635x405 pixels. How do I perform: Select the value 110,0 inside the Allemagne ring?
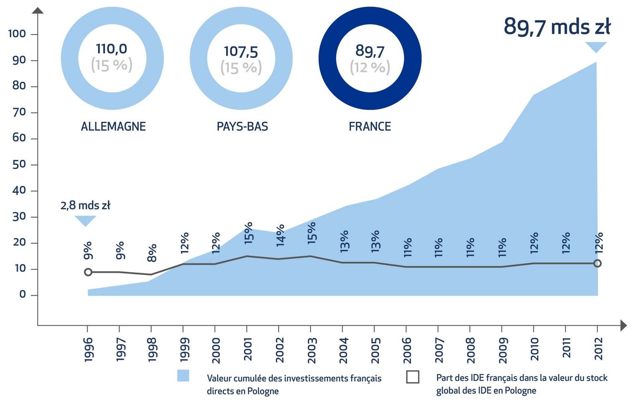pos(112,49)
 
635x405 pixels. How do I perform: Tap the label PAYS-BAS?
pos(242,126)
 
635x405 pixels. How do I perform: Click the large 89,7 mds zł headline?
pos(556,27)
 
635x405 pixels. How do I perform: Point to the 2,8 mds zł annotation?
pos(85,205)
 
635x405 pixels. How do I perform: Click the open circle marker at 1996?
pos(88,272)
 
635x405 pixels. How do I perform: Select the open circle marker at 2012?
pos(597,263)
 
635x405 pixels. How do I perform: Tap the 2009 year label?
pos(503,350)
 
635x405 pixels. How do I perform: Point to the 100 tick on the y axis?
pos(17,34)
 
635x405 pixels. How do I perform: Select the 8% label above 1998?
pos(152,253)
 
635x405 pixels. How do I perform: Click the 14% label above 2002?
pos(280,235)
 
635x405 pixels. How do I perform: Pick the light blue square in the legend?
pos(183,376)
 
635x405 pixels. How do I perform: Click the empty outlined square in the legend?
pos(412,377)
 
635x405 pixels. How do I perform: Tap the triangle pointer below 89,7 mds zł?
pos(596,47)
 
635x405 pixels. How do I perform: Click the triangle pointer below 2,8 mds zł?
pos(86,220)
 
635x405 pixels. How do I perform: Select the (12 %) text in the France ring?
pos(370,67)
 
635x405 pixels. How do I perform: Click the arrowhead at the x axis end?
pos(623,325)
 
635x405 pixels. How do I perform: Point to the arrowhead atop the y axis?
pos(38,11)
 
